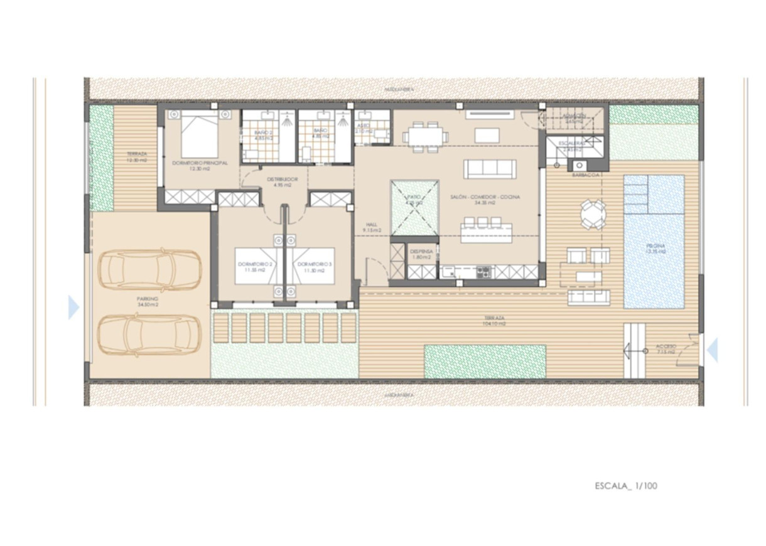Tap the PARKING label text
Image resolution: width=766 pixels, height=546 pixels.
pos(149,301)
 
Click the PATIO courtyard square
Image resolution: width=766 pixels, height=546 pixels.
pos(414,206)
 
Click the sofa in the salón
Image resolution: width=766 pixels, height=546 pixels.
pos(490,169)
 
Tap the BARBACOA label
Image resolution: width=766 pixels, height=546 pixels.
pos(586,175)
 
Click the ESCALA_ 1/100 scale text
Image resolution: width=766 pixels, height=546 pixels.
pos(626,485)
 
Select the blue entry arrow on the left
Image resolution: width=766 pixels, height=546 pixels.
pos(73,308)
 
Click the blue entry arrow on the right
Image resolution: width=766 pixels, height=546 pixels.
pos(712,350)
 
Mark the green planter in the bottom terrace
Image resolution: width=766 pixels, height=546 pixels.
pos(485,361)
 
